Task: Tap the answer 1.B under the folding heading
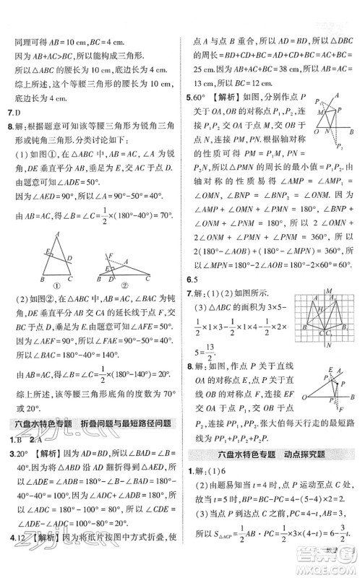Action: (x=11, y=440)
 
